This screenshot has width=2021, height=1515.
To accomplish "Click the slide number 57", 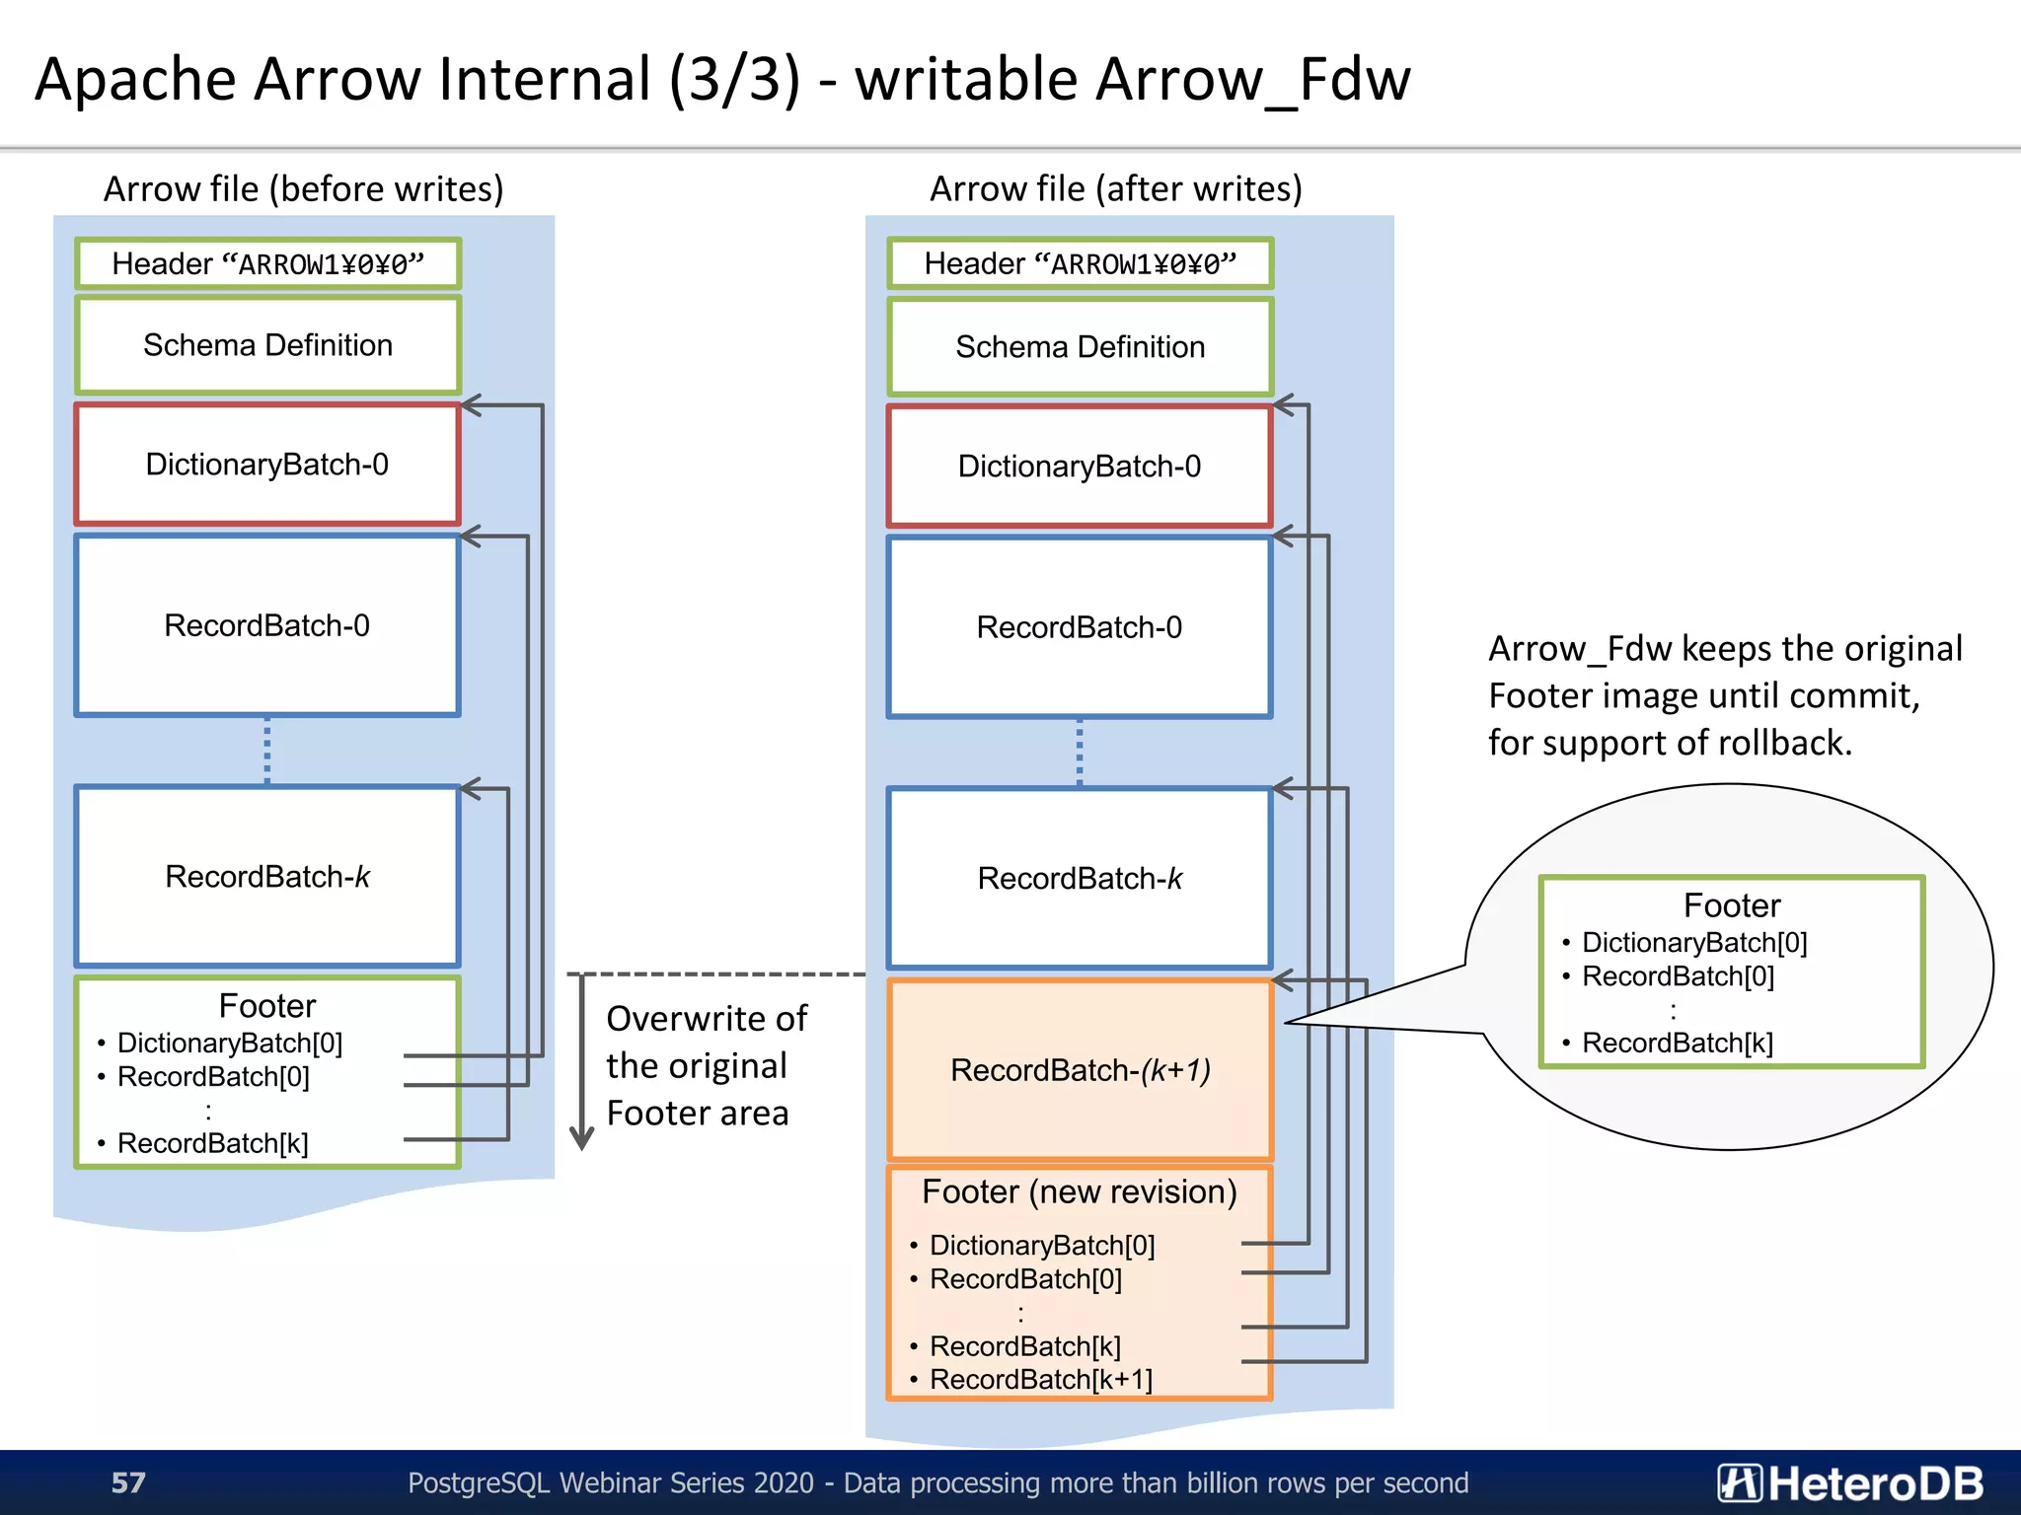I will pos(128,1482).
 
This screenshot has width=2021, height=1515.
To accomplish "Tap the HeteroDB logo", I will pos(1850,1482).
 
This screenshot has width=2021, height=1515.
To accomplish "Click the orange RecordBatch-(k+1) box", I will pos(1080,1069).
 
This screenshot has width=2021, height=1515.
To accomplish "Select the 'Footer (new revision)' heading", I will pos(1079,1191).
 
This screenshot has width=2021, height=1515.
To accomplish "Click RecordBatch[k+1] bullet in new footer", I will pos(1040,1379).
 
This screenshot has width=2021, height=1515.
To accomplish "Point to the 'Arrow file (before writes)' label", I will pos(303,188).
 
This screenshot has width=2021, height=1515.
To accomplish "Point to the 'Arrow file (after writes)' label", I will pos(1115,188).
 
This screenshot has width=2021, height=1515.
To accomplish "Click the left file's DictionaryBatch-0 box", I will pos(267,464).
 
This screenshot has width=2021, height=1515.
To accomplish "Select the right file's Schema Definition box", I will pos(1080,346).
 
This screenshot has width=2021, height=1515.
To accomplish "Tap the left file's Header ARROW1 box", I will pos(267,263).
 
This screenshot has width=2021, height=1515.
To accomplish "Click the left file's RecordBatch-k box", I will pos(267,876).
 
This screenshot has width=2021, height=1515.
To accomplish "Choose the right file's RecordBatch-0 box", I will pos(1080,626).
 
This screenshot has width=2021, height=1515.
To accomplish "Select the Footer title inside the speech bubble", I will pos(1732,905).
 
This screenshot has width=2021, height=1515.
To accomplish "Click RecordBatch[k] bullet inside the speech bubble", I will pos(1677,1043).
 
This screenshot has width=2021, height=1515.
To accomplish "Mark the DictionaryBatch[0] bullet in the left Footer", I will pos(229,1043).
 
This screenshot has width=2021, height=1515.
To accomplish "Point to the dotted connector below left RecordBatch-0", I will pos(267,751).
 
